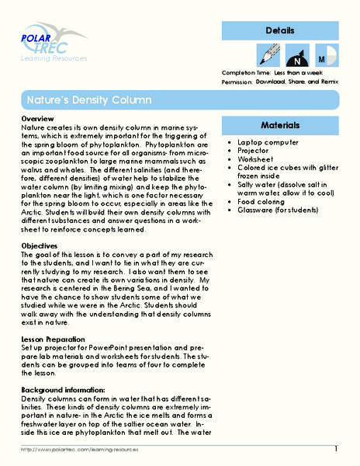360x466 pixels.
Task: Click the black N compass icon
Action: point(296,57)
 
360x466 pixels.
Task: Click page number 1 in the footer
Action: point(336,449)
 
